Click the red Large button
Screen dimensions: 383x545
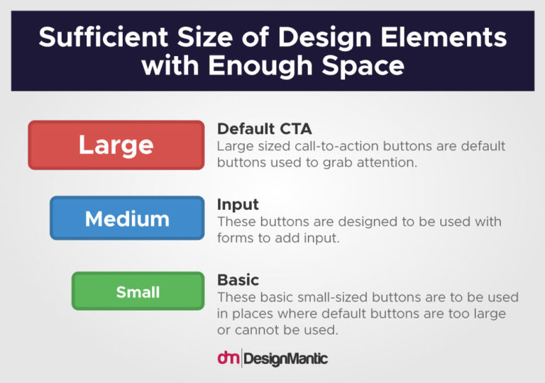(116, 145)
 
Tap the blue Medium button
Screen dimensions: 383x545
(127, 218)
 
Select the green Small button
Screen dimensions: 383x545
(138, 292)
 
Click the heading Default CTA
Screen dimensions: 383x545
(264, 128)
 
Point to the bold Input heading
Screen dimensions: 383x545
(238, 204)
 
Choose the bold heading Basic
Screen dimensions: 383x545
(238, 279)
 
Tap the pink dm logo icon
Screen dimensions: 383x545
(228, 358)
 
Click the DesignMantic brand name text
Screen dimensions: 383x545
(285, 359)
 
